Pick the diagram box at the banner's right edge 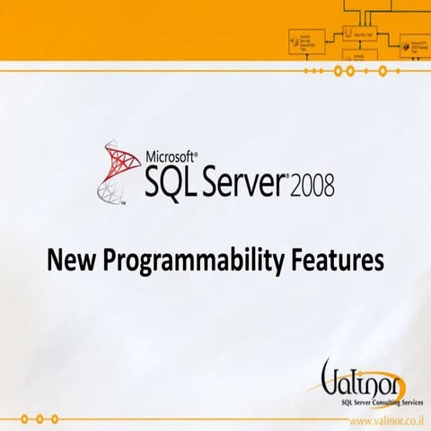coord(415,44)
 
